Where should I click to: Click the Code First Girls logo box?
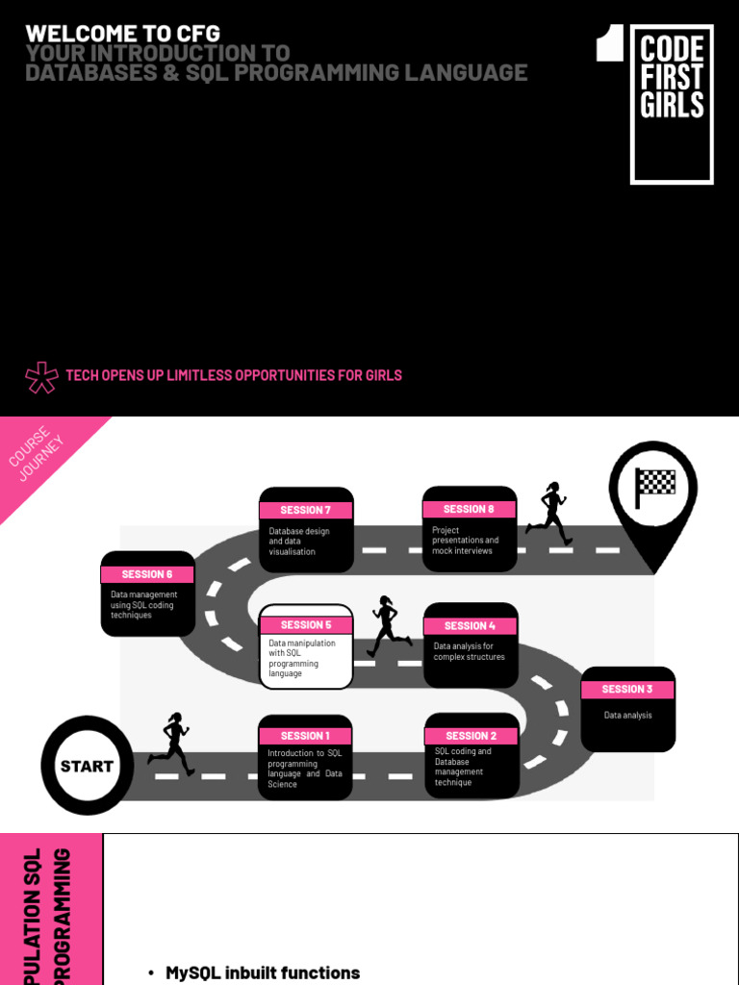pos(672,104)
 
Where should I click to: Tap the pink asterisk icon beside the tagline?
pos(41,376)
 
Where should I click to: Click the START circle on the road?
pos(87,766)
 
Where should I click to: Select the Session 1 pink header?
pos(304,736)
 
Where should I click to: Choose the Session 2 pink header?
pos(471,736)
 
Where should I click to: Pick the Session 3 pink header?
pos(627,689)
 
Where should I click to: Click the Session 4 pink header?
pos(471,625)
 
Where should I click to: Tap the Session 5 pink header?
pos(306,624)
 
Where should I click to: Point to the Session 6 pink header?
pos(147,574)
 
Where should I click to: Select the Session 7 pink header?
pos(306,510)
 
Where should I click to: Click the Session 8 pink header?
pos(469,509)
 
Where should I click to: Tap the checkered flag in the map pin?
pos(655,482)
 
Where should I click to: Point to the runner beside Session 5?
pos(388,626)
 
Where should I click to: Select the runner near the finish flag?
pos(549,513)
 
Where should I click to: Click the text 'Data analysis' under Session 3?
pos(627,715)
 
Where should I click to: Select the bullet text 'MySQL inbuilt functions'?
pos(263,972)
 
